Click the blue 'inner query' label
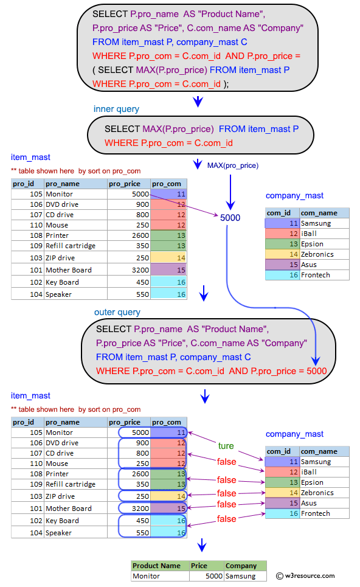[x=116, y=109]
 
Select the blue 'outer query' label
[x=117, y=312]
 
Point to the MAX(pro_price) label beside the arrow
[x=233, y=165]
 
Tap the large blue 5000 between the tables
[x=230, y=217]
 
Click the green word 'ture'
[x=226, y=446]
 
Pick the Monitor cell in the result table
[x=146, y=576]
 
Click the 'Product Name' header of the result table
[x=156, y=566]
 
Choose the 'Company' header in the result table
[x=241, y=566]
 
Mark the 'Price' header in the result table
[x=199, y=566]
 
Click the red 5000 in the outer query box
[x=316, y=371]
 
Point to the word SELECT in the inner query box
[x=122, y=129]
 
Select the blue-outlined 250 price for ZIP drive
[x=140, y=496]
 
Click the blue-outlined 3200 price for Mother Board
[x=140, y=509]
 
